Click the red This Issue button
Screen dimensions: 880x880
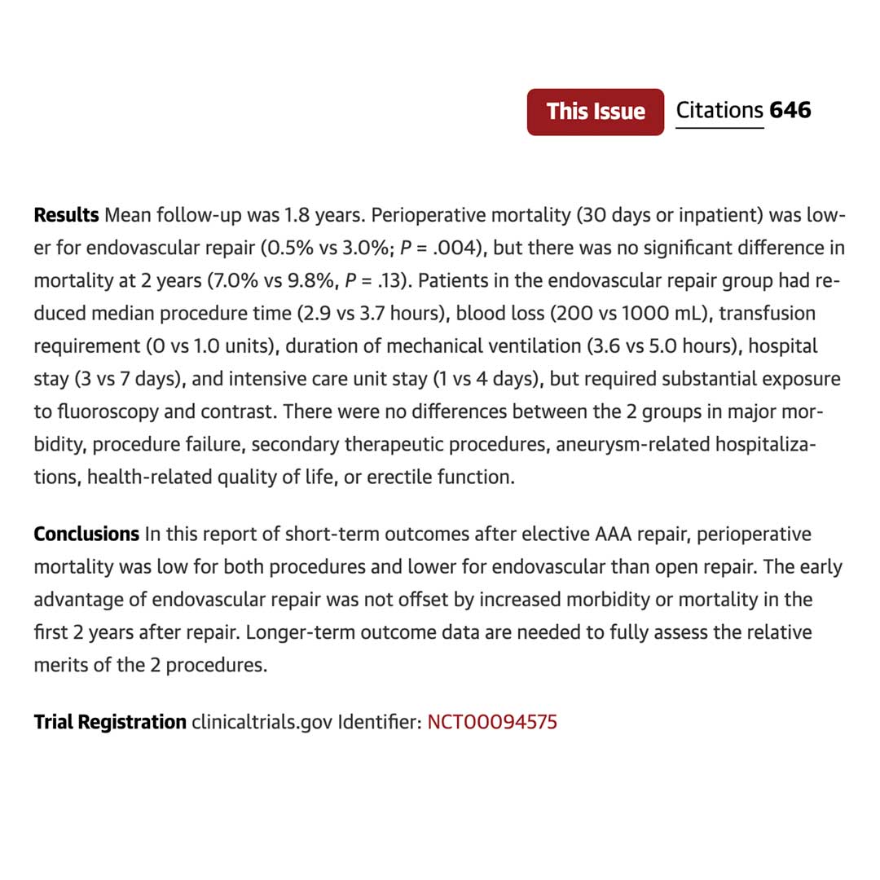click(596, 112)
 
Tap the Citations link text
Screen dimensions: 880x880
click(719, 111)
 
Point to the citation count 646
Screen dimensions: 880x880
click(790, 111)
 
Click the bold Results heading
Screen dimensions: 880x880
click(66, 216)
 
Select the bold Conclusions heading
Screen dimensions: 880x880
click(86, 535)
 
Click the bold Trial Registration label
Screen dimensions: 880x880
click(110, 722)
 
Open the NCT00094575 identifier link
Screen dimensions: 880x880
click(492, 722)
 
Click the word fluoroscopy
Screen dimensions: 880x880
click(107, 411)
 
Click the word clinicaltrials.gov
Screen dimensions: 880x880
click(262, 722)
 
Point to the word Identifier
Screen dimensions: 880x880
click(378, 722)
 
